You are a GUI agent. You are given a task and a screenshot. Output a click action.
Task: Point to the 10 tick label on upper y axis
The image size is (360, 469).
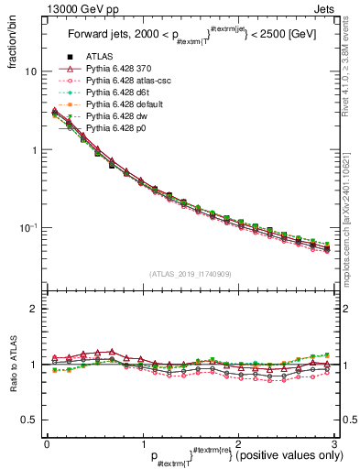(x=29, y=71)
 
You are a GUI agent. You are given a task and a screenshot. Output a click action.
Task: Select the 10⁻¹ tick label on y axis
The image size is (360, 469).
(x=27, y=227)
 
